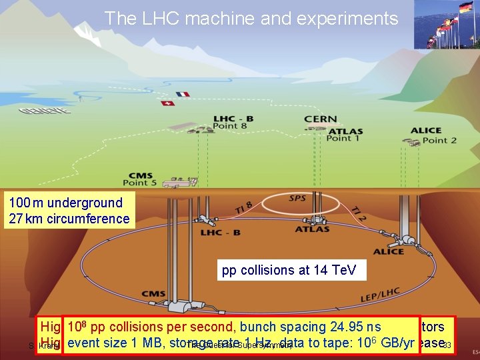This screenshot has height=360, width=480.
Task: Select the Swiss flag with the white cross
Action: click(x=167, y=103)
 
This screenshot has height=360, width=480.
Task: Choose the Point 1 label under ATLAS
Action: click(x=344, y=139)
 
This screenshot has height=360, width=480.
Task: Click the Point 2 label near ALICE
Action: click(x=439, y=140)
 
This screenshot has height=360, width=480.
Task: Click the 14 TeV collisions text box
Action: click(x=289, y=271)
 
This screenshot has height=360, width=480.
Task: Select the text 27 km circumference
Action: click(x=69, y=219)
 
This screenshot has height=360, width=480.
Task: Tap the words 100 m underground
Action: click(x=66, y=203)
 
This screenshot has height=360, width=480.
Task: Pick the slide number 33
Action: click(x=447, y=345)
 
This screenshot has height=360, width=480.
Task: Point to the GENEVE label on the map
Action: click(x=45, y=111)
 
